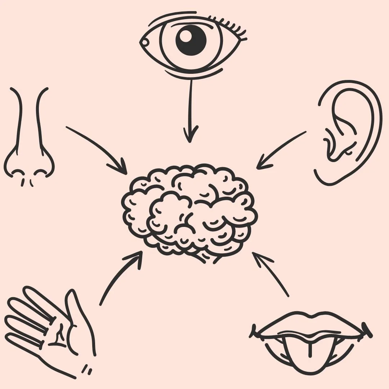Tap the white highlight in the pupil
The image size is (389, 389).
coord(186,35)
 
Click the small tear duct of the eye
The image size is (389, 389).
coord(145,43)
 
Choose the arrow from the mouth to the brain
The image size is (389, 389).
coord(270,274)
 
